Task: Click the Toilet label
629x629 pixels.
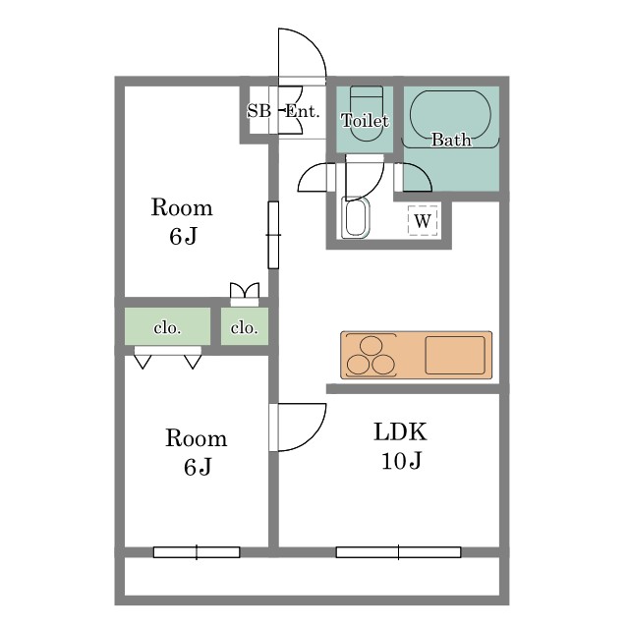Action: point(365,120)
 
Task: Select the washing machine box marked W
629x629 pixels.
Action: point(423,220)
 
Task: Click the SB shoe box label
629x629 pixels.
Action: point(258,111)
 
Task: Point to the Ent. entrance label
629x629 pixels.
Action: point(302,111)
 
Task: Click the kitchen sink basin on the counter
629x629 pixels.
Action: point(455,355)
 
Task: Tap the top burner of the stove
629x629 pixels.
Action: point(372,346)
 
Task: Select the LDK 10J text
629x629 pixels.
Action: point(400,445)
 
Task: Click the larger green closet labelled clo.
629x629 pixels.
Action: point(167,326)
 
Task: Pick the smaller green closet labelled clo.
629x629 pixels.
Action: point(245,326)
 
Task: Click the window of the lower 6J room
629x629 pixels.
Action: point(197,552)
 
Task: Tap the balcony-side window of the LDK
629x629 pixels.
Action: point(398,552)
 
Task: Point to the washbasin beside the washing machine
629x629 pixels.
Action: point(356,218)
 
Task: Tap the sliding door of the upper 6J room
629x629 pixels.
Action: point(273,235)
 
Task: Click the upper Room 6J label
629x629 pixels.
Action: point(182,221)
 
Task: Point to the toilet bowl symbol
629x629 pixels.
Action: point(367,114)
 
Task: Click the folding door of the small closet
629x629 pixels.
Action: point(245,291)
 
